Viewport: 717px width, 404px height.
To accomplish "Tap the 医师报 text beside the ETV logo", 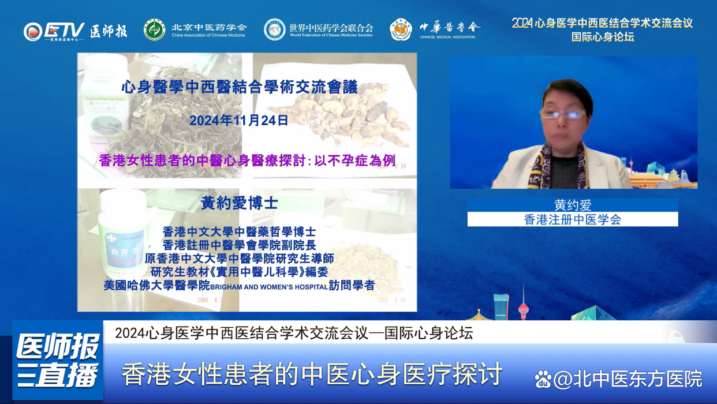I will (109, 31).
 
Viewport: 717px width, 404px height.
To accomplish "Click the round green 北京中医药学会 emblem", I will (154, 29).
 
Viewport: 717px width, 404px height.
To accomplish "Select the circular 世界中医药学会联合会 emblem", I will (275, 29).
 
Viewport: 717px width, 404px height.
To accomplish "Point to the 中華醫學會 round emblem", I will (401, 29).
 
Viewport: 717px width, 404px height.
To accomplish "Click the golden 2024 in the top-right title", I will (522, 23).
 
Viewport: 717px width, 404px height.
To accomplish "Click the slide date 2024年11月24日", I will (238, 121).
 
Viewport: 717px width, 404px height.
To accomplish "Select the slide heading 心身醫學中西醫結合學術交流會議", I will (240, 88).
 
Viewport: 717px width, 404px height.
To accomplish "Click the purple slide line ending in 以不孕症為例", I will (247, 160).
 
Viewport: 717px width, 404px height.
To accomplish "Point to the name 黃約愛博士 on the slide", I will (239, 203).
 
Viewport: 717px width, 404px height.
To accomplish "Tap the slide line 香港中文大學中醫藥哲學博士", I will (239, 232).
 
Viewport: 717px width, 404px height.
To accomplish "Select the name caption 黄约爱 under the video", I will (573, 205).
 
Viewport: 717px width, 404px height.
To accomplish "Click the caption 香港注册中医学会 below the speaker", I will (573, 219).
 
